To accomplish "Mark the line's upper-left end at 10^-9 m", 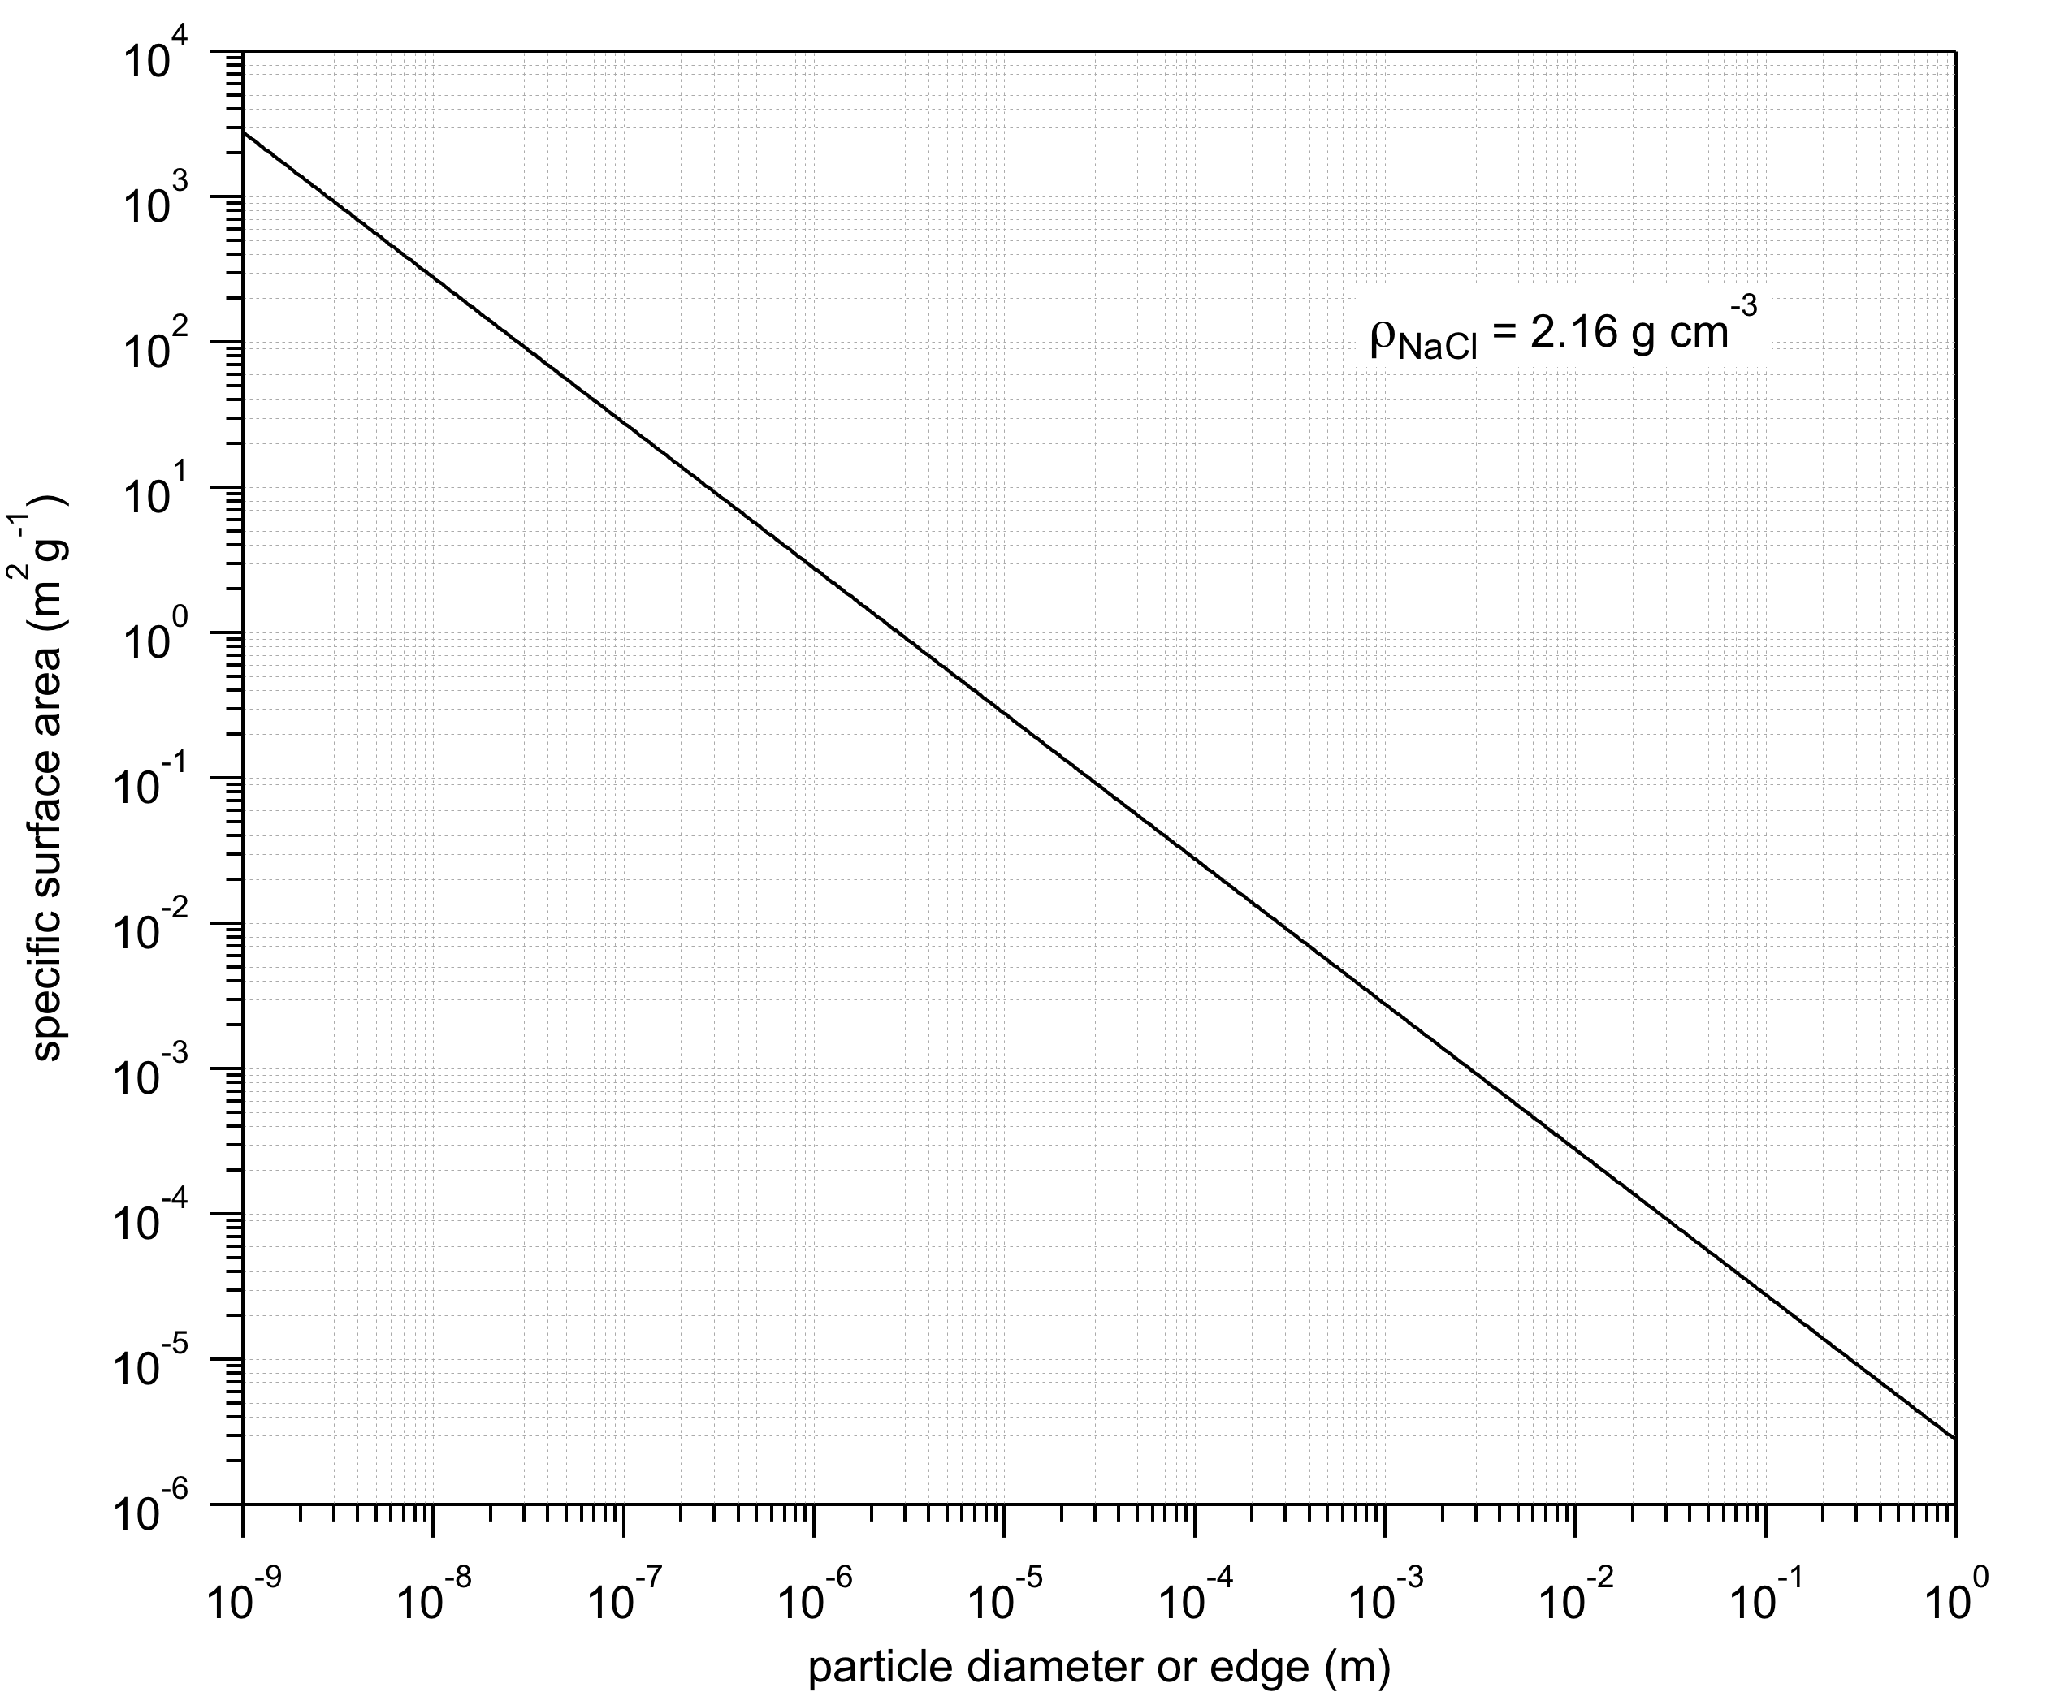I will [244, 132].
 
